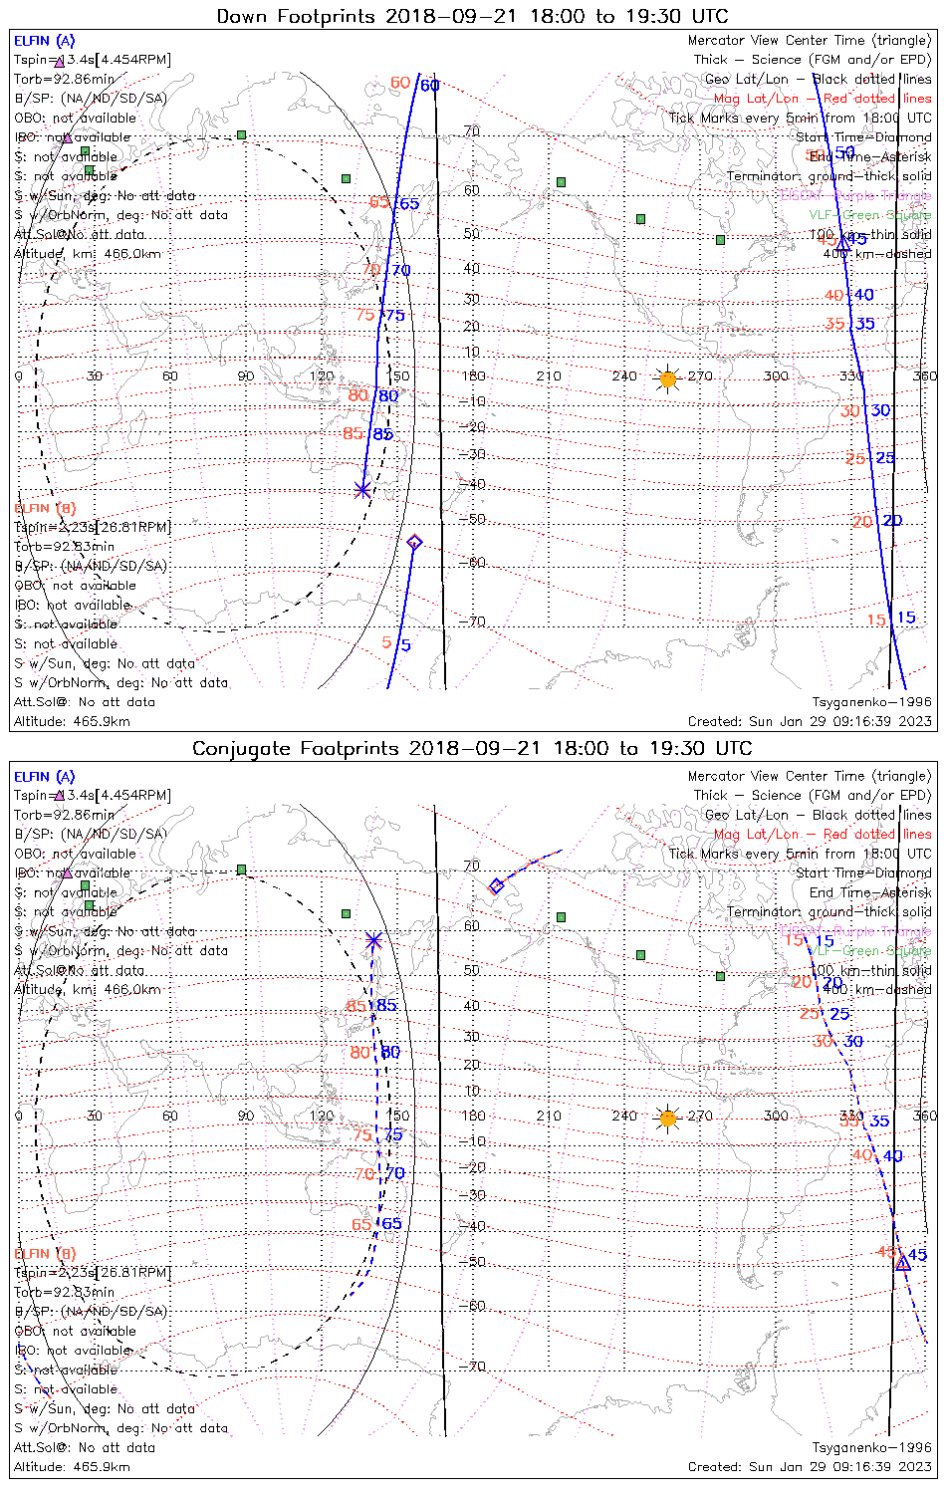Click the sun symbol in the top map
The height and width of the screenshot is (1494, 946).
[668, 378]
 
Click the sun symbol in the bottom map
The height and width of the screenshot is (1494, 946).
[668, 1119]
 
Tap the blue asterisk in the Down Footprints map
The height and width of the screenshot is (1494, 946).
[362, 489]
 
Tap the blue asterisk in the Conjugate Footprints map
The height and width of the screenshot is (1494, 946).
[373, 939]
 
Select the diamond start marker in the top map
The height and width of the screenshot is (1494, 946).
[414, 542]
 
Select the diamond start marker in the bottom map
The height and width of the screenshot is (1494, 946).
[496, 885]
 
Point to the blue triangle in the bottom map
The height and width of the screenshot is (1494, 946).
[902, 1263]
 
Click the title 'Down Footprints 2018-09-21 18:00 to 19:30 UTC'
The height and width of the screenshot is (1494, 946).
[472, 16]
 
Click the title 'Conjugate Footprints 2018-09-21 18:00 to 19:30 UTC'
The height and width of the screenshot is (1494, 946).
[472, 748]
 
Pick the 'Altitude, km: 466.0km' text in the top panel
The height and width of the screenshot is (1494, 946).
[88, 254]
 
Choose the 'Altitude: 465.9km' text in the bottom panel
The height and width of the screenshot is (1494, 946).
[72, 1467]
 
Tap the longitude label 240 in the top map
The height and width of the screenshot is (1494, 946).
[624, 376]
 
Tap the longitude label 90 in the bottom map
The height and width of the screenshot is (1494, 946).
[245, 1117]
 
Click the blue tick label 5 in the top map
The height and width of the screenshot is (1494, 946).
[406, 645]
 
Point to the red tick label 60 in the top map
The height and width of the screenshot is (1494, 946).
[400, 83]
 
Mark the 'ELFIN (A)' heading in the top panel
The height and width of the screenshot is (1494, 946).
[44, 41]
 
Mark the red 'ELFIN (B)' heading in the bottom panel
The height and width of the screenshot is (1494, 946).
[45, 1253]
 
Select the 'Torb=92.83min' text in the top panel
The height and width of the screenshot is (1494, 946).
[64, 547]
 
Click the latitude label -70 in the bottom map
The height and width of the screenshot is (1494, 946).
[476, 1367]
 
